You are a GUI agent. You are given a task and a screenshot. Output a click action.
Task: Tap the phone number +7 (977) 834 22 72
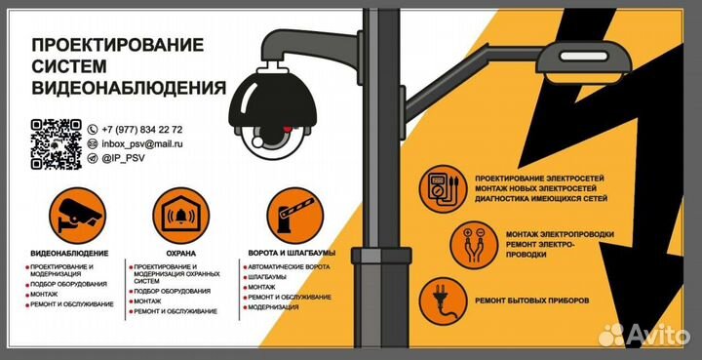pos(141,130)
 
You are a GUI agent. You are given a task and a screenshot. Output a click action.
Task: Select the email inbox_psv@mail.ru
pos(142,143)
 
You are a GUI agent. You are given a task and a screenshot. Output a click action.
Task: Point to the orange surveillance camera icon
pos(76,212)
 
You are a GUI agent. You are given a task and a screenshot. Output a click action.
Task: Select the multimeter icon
pos(444,187)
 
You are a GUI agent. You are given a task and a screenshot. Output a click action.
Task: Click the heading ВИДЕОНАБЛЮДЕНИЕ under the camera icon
pos(69,253)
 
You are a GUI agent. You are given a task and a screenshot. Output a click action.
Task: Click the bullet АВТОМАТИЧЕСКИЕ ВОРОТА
pos(289,266)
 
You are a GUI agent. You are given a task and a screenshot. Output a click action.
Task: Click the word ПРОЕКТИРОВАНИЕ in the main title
pos(117,45)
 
